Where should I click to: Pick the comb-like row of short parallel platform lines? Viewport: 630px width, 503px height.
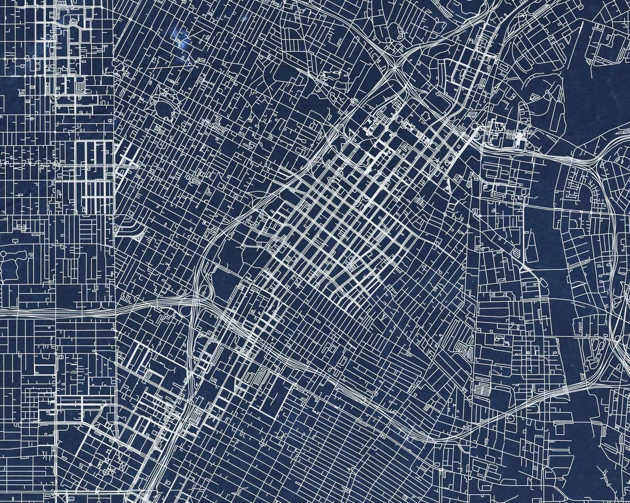tap(518, 137)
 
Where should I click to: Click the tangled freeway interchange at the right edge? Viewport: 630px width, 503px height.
tap(619, 317)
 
